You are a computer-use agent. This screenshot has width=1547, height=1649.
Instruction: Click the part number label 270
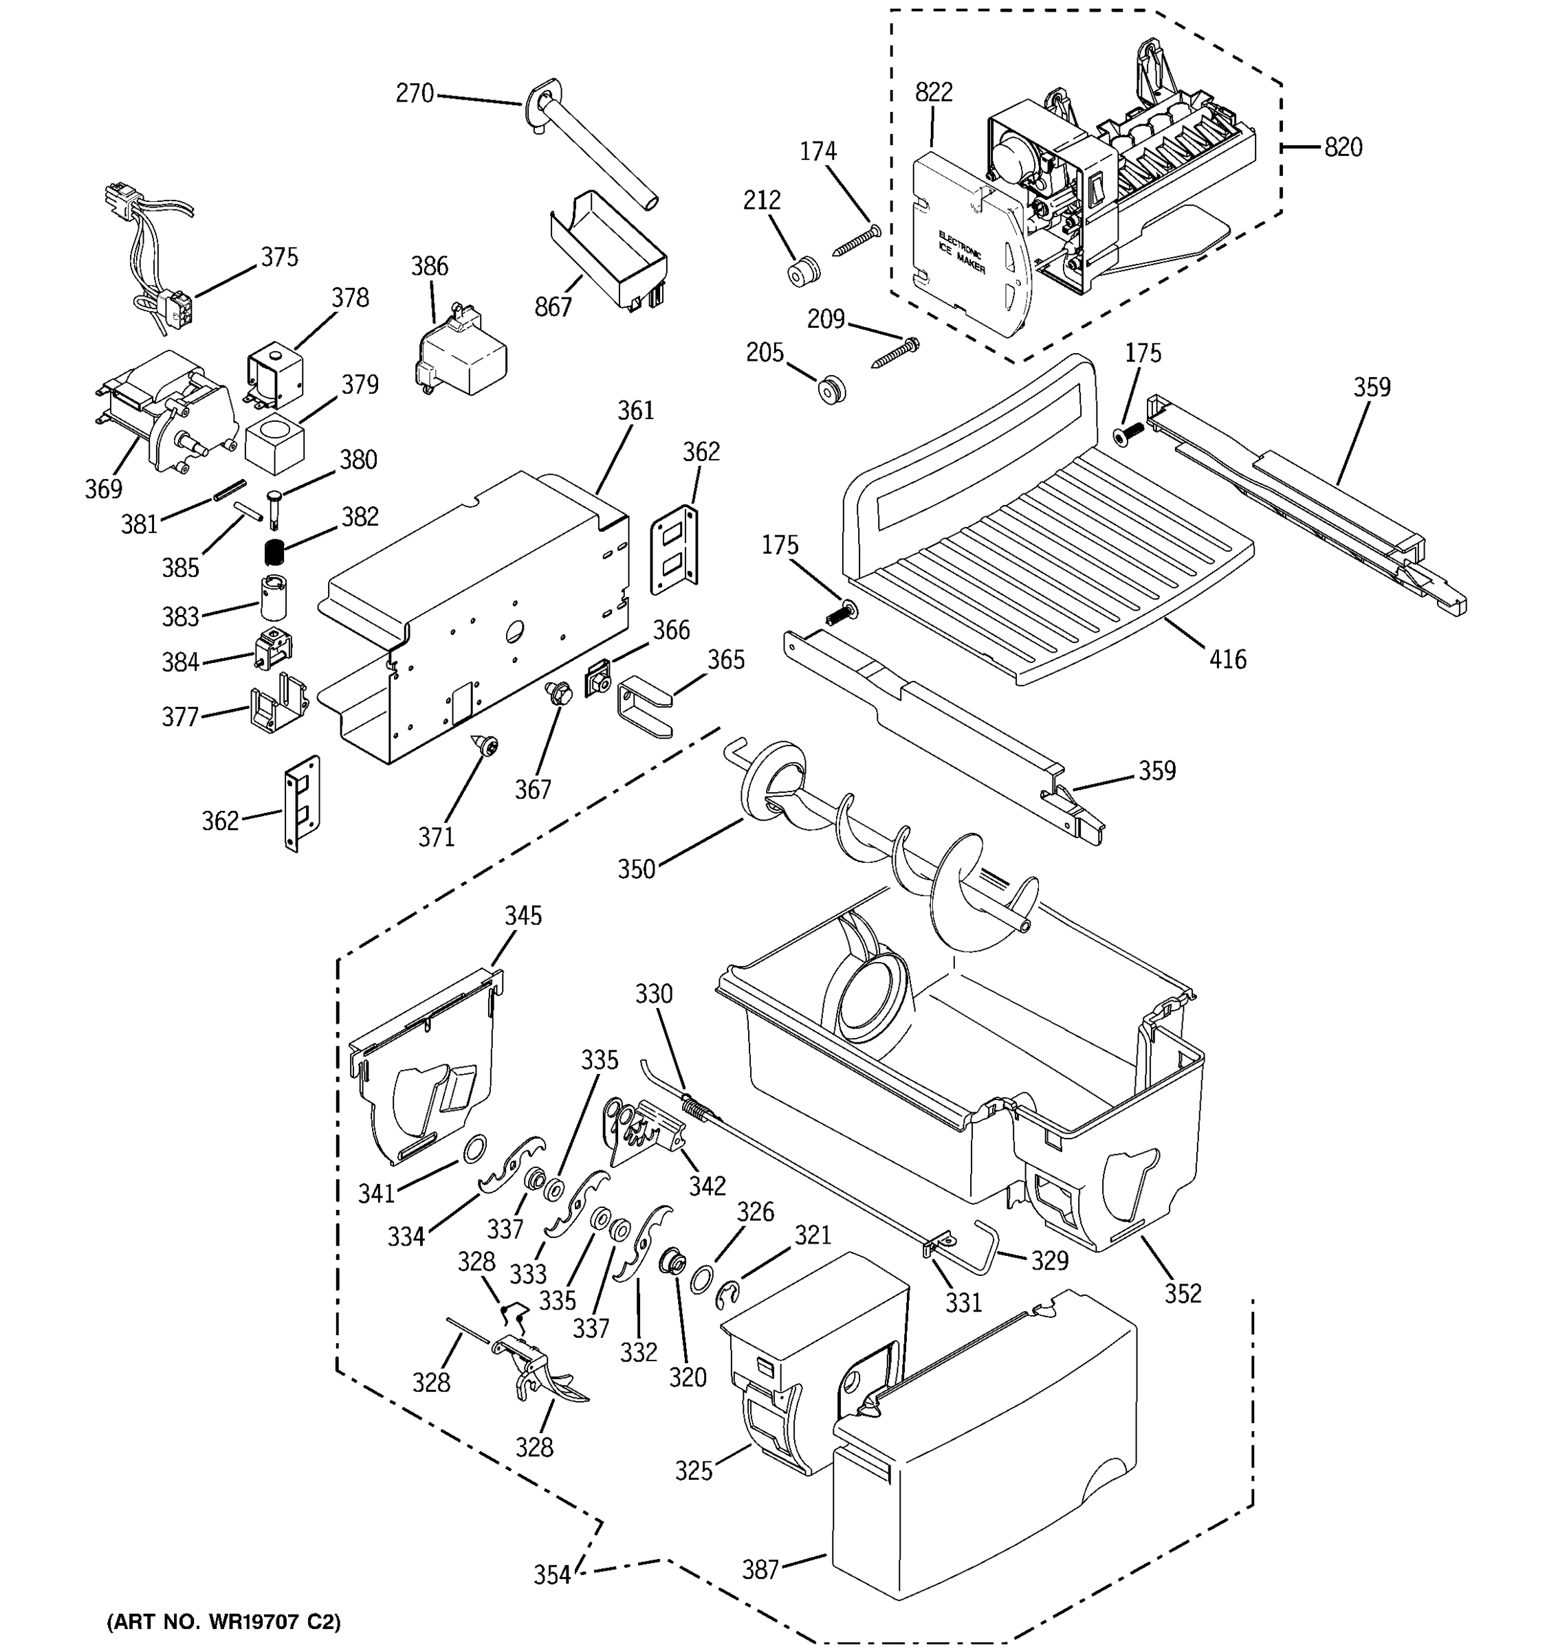point(414,93)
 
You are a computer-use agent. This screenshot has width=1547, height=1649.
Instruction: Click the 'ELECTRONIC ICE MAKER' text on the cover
point(963,252)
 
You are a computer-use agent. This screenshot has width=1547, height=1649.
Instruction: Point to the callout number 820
point(1343,148)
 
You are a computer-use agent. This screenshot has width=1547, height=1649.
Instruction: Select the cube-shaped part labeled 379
point(275,445)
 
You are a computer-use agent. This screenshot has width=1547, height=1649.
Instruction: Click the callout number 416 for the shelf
point(1227,660)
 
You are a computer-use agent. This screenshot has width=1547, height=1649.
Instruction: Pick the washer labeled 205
point(830,390)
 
